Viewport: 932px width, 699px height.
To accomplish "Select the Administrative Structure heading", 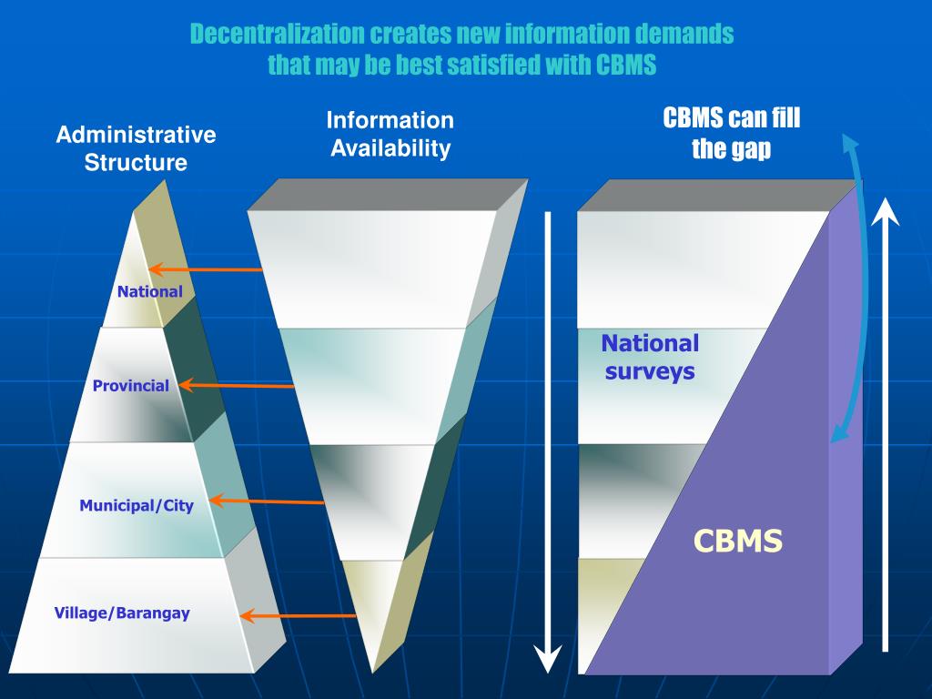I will (x=136, y=148).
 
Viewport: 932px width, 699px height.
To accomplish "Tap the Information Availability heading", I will (x=390, y=134).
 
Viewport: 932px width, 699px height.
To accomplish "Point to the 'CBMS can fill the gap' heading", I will (x=731, y=133).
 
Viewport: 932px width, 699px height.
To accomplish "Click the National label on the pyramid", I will (x=149, y=292).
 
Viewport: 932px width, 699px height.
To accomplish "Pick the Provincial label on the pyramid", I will (x=130, y=386).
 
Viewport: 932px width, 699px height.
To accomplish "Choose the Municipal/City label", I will (x=136, y=505).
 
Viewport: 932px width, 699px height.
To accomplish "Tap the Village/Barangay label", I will (x=122, y=613).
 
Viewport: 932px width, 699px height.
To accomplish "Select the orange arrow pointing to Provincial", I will (x=237, y=386).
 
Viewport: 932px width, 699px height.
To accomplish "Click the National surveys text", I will (x=649, y=357).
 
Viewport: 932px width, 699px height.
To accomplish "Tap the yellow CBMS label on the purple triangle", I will (x=737, y=542).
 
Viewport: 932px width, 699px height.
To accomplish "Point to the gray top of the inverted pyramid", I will (x=387, y=194).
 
